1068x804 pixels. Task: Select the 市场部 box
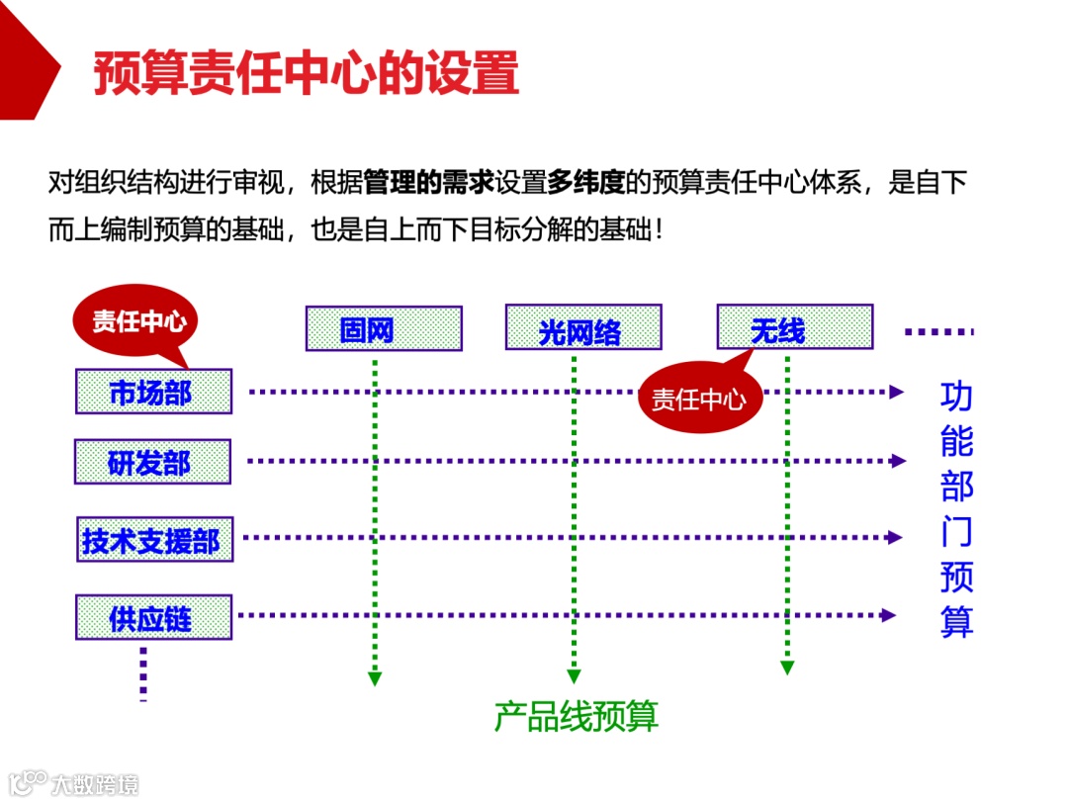153,392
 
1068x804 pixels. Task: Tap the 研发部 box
152,462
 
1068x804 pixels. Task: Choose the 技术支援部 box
154,539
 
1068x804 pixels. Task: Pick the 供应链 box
153,617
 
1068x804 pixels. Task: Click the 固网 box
384,328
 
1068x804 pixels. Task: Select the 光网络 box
582,328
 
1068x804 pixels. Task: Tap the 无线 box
794,327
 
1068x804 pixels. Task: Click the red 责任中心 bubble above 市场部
136,321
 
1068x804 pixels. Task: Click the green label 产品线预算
576,717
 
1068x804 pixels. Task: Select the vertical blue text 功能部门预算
956,508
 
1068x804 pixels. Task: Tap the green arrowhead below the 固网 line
375,678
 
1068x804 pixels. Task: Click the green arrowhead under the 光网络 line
574,677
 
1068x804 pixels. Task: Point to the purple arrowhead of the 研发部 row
898,461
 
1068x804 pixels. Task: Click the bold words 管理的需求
428,183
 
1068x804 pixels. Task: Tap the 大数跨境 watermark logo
74,784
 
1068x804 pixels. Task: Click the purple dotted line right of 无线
938,332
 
